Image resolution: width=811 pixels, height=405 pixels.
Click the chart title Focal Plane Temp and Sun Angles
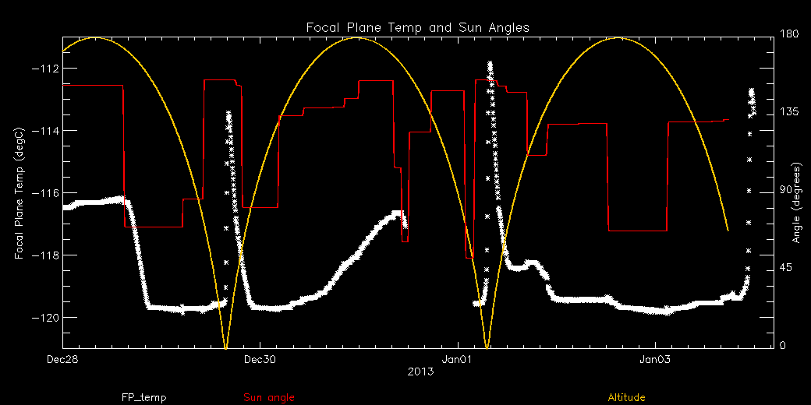coord(417,27)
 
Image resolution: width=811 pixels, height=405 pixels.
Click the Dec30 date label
coord(260,360)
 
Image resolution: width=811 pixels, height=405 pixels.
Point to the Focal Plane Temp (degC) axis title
coord(19,193)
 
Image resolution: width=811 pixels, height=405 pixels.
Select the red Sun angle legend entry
coord(269,398)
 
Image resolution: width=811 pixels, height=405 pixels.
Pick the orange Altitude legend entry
coord(626,398)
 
